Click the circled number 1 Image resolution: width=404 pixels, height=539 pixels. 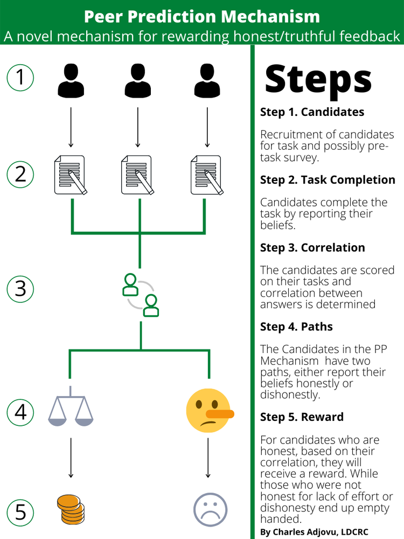coord(20,77)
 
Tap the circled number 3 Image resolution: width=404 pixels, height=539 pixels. coord(20,288)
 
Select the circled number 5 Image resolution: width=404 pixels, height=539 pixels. coord(20,510)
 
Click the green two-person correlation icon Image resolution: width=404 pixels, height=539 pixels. coord(141,295)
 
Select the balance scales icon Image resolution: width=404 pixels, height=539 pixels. coord(71,407)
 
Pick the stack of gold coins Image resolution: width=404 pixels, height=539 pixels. coord(71,509)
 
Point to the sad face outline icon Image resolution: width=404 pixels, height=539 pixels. coord(210,509)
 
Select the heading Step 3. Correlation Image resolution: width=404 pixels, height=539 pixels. coord(312,247)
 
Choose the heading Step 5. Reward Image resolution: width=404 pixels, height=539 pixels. coord(302,417)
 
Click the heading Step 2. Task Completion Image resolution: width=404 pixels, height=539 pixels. coord(328,179)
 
